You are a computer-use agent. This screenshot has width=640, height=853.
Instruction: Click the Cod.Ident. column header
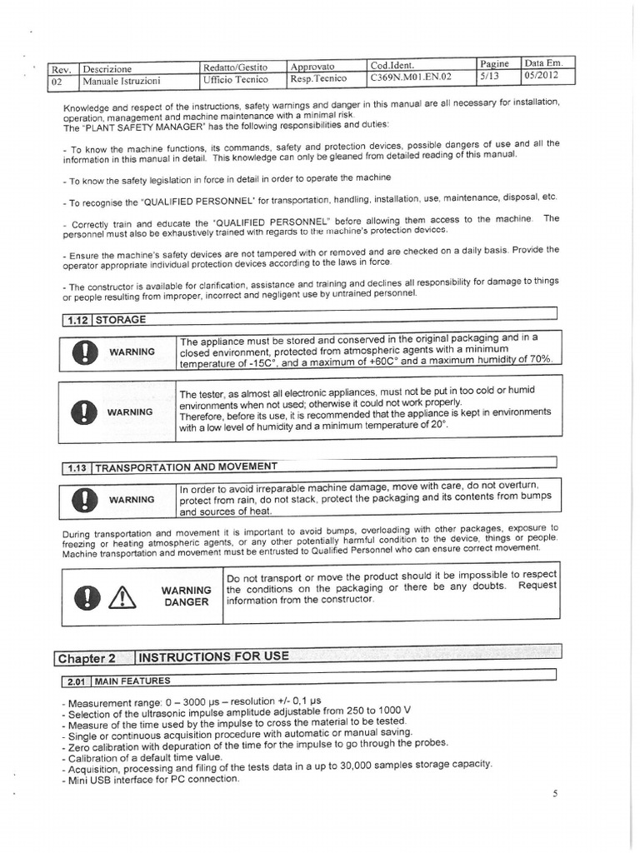coord(398,65)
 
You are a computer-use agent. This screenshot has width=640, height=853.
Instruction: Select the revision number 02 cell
coord(59,82)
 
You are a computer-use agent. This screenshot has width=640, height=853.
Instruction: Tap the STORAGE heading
coord(122,319)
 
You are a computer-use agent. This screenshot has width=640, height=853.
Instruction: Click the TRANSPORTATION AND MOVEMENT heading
coord(186,466)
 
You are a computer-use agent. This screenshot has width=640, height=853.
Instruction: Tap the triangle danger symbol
coord(122,596)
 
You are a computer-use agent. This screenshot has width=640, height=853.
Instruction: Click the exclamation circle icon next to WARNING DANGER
coord(87,596)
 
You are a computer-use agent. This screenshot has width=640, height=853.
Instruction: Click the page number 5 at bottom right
coord(554,794)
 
